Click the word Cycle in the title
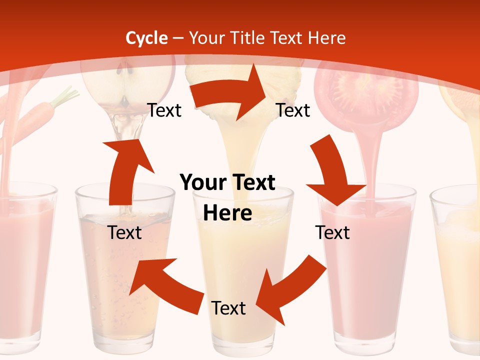tap(146, 38)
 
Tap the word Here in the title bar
tap(327, 38)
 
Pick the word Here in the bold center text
tap(227, 213)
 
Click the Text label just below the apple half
tap(164, 110)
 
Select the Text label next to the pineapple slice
tap(293, 110)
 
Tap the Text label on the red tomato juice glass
tap(332, 233)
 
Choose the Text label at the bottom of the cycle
tap(228, 308)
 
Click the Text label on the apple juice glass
tap(125, 233)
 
